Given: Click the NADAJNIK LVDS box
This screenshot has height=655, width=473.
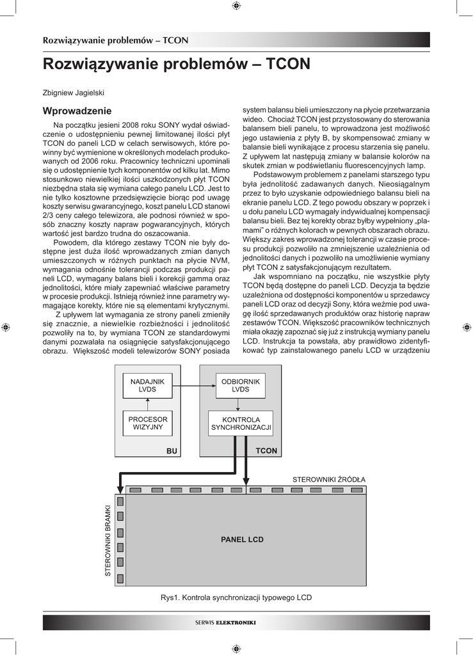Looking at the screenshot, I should pos(148,385).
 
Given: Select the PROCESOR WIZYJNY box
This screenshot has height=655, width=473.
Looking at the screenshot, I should pos(148,423).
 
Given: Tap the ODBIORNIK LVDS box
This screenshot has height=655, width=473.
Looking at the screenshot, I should pos(240,385).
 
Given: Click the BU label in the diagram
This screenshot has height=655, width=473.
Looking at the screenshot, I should pos(171,451).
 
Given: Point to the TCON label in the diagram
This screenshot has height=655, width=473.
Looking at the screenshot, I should pos(266,451).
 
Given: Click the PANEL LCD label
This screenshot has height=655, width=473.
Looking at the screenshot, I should pos(242,539).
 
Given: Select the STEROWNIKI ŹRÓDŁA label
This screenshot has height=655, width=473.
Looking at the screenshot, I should pos(328,479).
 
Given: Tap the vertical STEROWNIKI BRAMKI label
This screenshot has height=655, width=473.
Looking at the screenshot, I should pos(108,541).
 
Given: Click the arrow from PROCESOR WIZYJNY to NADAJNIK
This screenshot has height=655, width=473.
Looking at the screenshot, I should pos(148,404).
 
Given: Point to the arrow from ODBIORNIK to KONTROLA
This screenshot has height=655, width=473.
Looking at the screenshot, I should pos(238,404).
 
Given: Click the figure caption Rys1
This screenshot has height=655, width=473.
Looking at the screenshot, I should pos(236,597).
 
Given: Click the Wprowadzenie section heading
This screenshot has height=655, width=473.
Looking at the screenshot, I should pos(77,111).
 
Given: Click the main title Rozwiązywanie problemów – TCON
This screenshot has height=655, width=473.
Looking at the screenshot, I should pos(176,64).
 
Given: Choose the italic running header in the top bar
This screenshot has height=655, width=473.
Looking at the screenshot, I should pos(115,40).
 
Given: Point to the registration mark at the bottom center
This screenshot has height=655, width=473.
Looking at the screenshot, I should pos(236,648).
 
